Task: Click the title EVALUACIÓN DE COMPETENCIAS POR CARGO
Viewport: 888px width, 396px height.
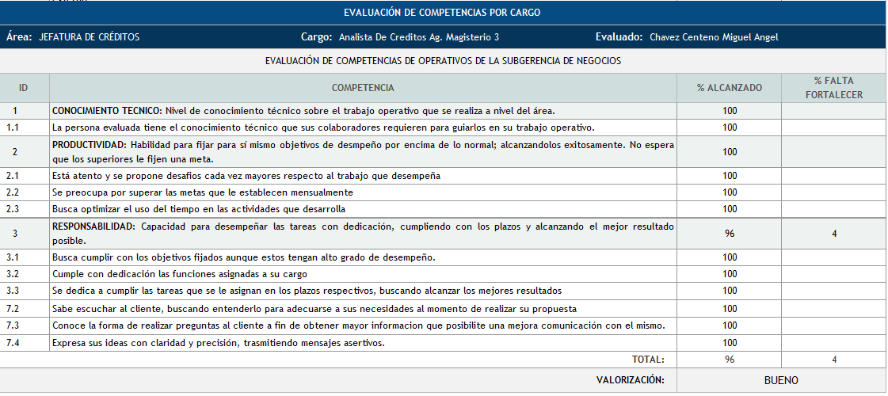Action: click(x=443, y=13)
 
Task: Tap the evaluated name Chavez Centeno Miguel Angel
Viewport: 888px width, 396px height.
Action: click(x=713, y=37)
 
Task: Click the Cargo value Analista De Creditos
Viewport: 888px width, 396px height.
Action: click(x=418, y=37)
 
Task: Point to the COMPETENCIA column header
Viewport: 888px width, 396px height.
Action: click(x=363, y=88)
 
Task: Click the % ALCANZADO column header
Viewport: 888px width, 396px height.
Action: click(x=729, y=88)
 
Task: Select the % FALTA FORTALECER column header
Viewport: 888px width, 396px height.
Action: click(x=833, y=88)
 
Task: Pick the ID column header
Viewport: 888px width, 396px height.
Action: click(x=24, y=88)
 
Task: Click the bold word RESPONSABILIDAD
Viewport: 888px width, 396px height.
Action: click(x=93, y=227)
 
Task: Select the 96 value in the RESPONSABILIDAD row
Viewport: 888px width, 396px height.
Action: click(x=729, y=234)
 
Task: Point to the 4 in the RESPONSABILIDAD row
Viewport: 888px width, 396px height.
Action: click(x=833, y=234)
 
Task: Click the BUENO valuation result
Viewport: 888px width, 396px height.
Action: click(x=781, y=380)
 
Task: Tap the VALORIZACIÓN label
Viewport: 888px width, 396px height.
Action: click(x=630, y=380)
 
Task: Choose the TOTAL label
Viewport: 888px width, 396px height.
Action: click(x=649, y=360)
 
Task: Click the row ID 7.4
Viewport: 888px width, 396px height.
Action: click(x=13, y=343)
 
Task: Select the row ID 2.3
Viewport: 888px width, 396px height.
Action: click(x=13, y=209)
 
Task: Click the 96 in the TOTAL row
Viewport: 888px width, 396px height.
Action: click(x=729, y=360)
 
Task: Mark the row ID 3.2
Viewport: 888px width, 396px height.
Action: click(x=13, y=274)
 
